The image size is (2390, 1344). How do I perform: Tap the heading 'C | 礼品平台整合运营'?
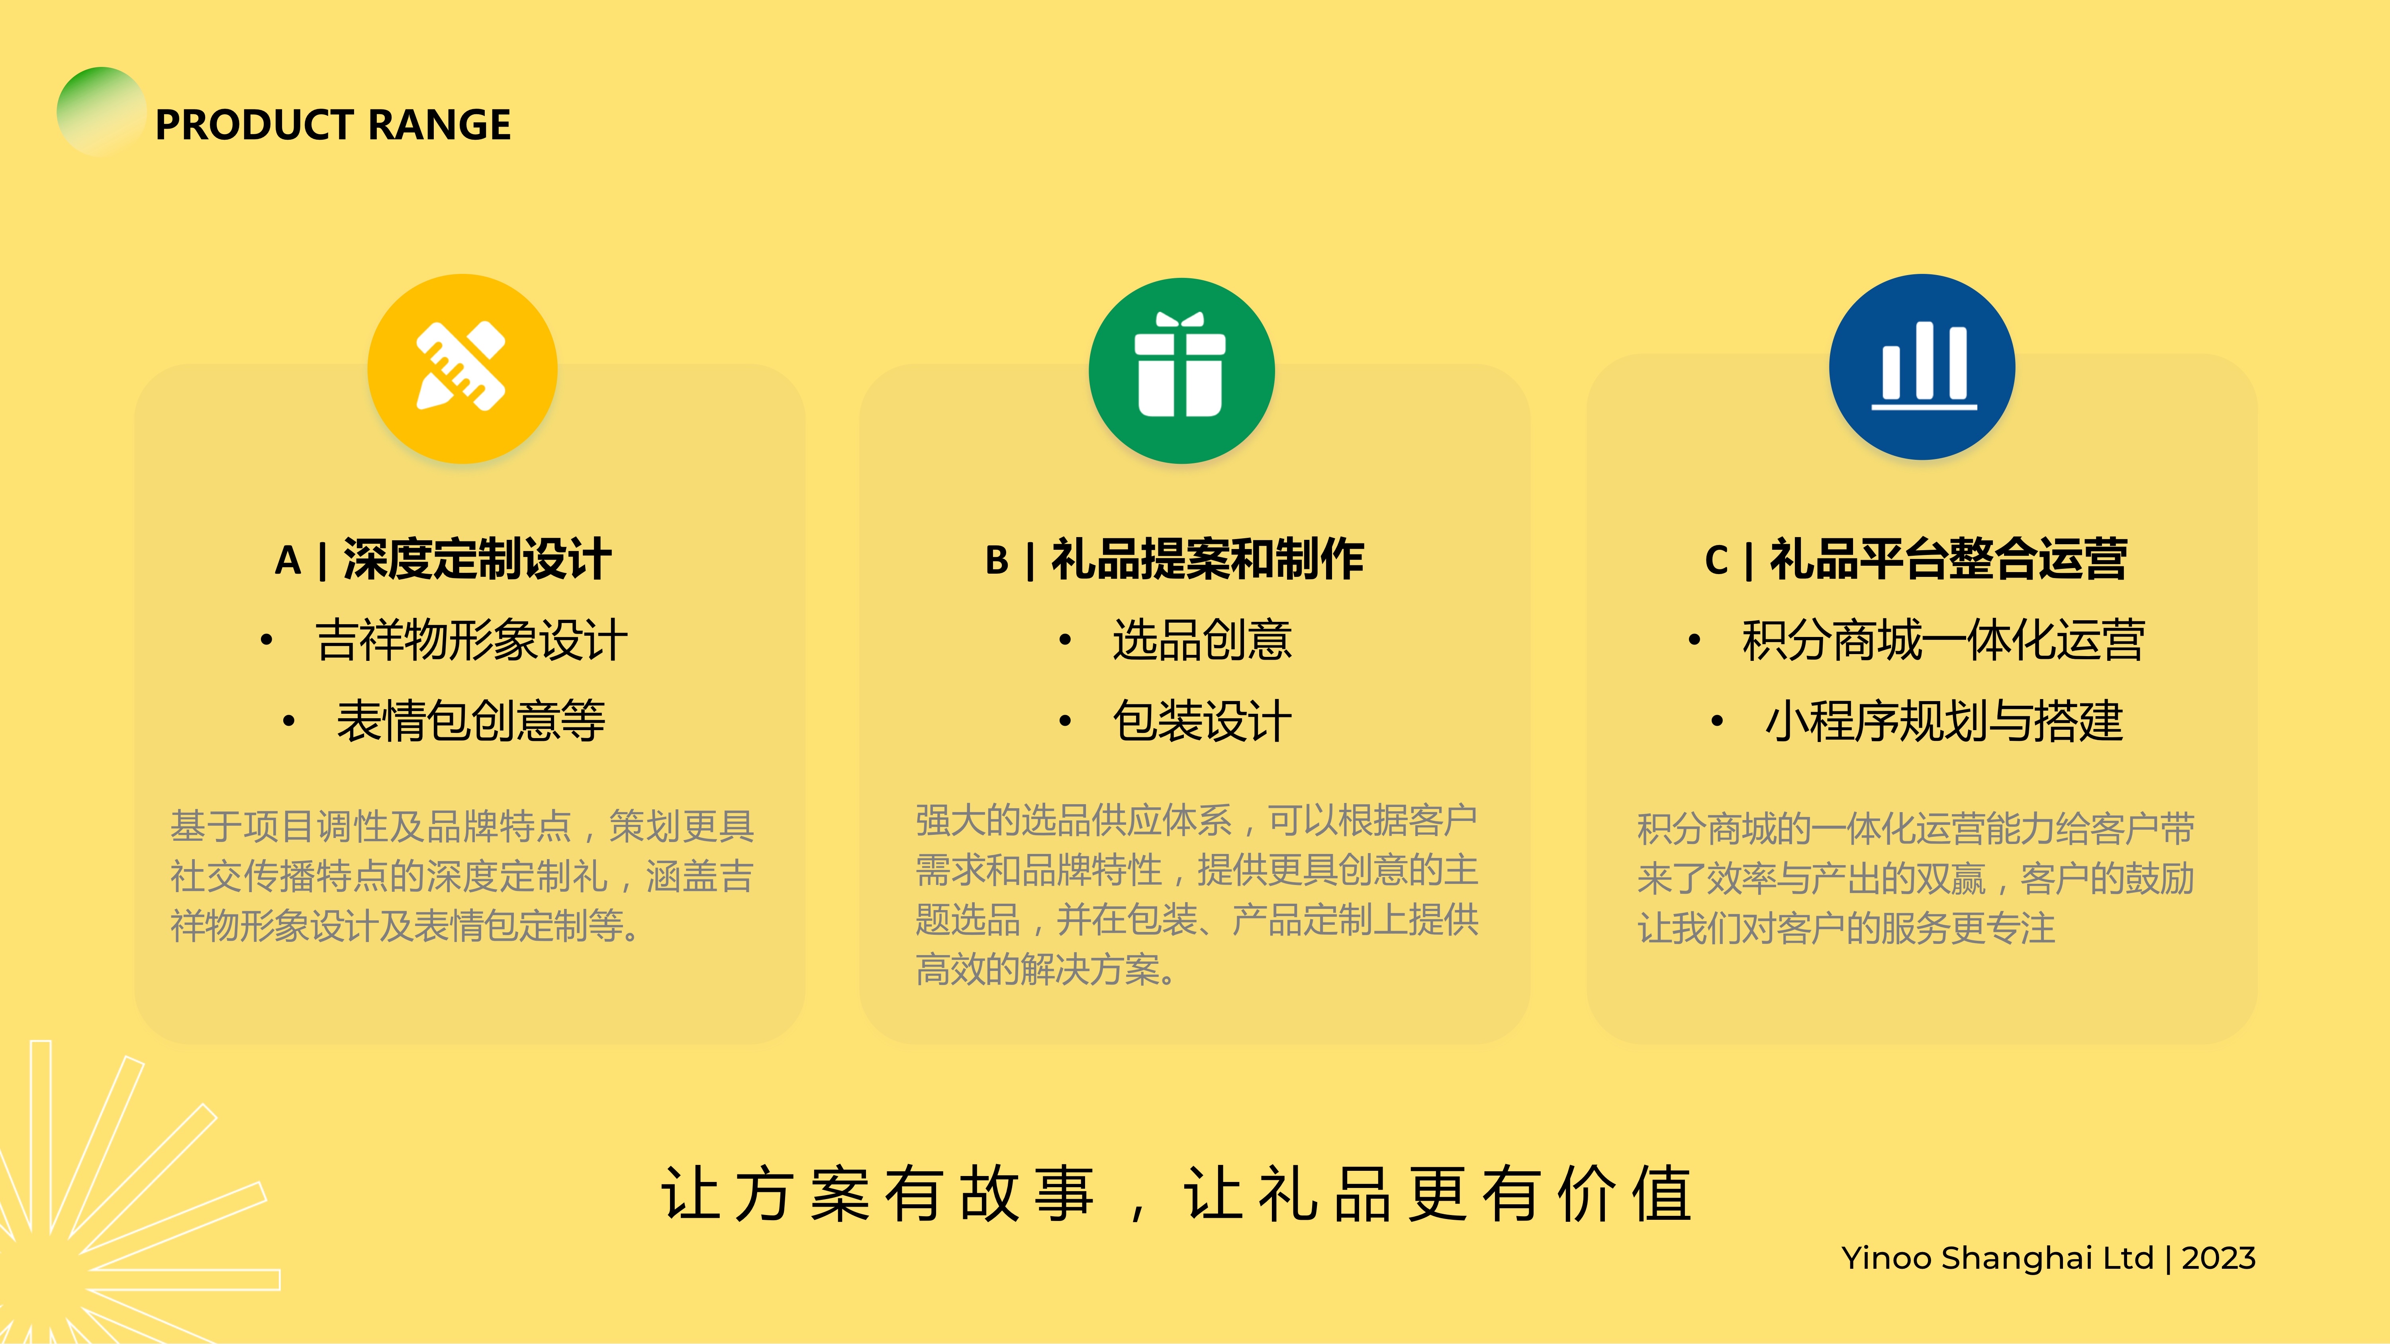pyautogui.click(x=1916, y=559)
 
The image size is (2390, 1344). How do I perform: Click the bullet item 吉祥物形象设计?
pyautogui.click(x=471, y=640)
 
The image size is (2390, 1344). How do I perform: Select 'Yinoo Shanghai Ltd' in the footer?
pyautogui.click(x=1996, y=1259)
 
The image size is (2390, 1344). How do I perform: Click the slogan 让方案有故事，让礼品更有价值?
pyautogui.click(x=1176, y=1194)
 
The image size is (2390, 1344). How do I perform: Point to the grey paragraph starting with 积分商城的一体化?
pyautogui.click(x=1916, y=877)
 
